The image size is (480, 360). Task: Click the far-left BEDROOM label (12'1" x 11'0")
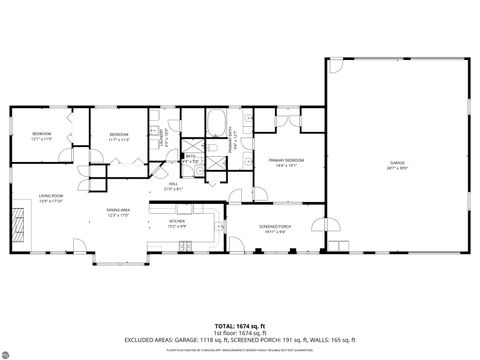(x=41, y=136)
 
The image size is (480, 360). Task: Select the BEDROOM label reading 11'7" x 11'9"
(x=119, y=136)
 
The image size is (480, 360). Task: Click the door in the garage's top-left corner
(x=336, y=66)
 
